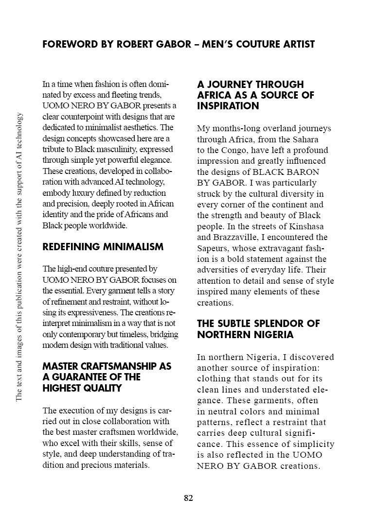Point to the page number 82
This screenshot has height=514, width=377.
[189, 498]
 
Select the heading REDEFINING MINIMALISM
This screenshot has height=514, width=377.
[103, 247]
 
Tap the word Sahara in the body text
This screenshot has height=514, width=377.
[305, 139]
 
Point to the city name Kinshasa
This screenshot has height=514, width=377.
[306, 227]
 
